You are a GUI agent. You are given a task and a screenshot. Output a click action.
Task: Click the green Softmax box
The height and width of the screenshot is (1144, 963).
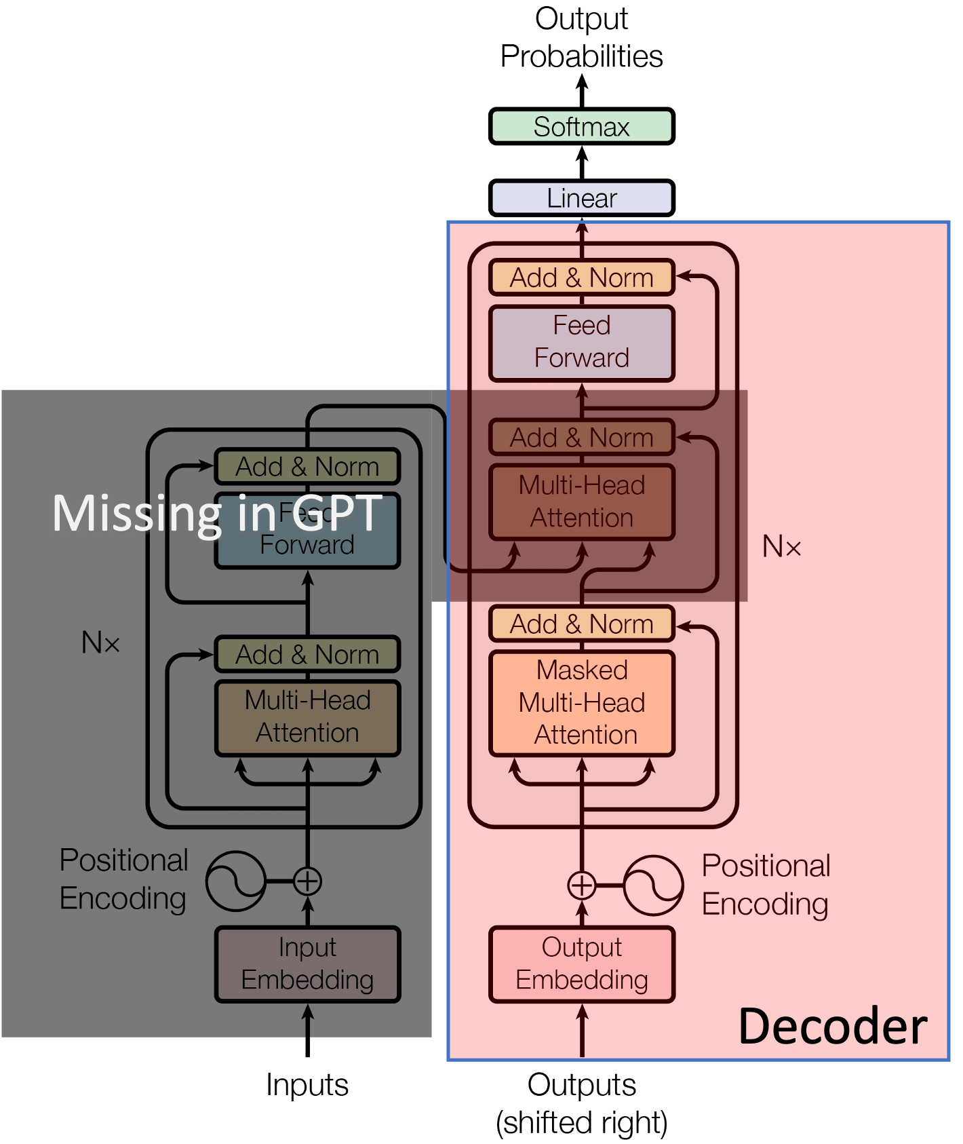581,127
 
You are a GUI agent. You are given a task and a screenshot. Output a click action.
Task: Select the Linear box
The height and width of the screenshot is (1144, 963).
581,198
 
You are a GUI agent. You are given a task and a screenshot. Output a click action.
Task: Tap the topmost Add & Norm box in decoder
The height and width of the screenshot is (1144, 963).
581,278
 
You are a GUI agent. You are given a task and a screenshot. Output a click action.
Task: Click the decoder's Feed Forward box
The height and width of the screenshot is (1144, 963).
581,343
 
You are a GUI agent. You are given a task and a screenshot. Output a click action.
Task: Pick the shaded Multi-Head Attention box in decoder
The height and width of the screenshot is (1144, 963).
581,502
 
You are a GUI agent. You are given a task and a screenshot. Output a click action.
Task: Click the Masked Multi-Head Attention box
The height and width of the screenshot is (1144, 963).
581,703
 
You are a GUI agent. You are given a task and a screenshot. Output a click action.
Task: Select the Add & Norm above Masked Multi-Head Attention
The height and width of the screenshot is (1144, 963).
581,624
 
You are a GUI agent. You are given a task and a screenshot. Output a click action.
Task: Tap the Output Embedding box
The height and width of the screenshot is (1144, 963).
581,964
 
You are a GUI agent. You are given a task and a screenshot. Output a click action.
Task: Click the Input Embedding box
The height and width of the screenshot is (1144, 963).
307,964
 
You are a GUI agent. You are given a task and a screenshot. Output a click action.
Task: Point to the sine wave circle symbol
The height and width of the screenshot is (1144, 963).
653,885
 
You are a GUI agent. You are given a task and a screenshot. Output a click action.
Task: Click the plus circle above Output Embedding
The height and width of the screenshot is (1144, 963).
581,885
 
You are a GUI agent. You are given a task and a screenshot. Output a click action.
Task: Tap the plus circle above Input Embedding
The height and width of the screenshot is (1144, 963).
307,881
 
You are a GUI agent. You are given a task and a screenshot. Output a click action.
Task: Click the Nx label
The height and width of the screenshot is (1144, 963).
781,547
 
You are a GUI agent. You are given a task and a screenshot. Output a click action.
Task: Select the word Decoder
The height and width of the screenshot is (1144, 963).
832,1027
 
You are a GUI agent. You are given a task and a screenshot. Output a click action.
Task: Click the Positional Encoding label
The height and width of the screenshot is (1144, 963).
766,885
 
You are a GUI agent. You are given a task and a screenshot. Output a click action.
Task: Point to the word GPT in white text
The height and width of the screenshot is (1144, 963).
337,514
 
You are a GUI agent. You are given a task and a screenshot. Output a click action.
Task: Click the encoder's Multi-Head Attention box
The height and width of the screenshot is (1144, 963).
307,717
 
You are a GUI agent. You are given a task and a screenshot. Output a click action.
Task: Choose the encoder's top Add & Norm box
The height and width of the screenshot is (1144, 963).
307,467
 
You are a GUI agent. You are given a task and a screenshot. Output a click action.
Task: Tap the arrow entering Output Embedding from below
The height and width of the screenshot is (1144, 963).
581,1031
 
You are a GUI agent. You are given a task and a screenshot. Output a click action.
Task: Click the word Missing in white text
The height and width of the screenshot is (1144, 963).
136,514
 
